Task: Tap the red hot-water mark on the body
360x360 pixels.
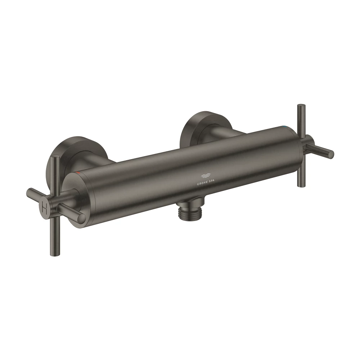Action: pos(78,172)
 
